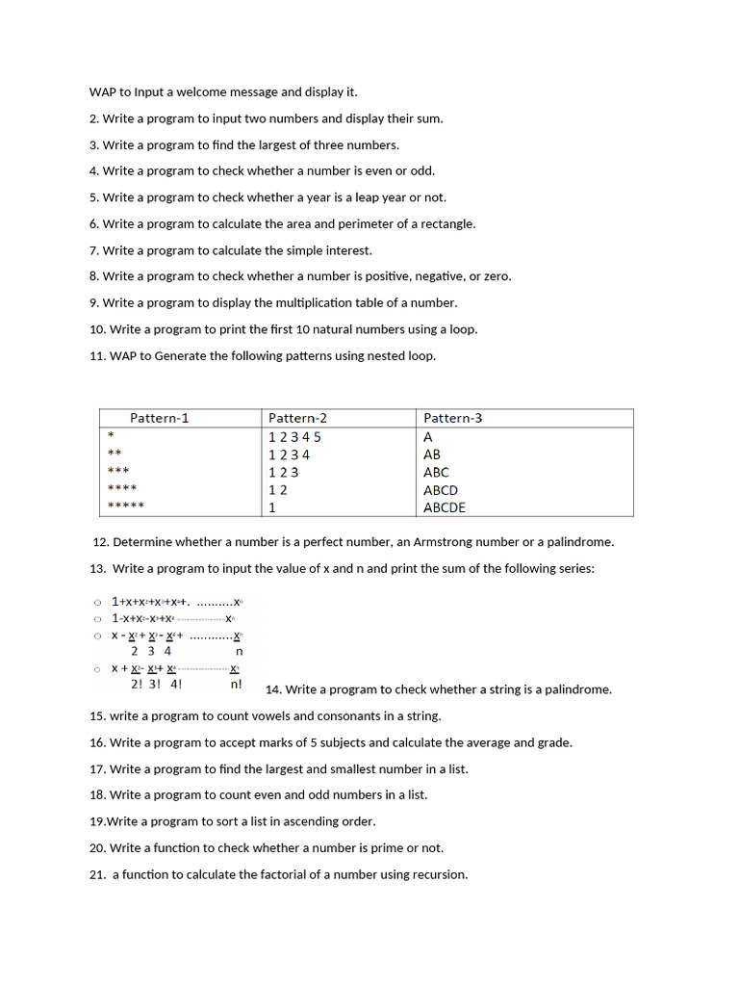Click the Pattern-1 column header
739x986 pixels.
(160, 418)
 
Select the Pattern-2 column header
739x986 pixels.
(297, 418)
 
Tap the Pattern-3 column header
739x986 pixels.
(452, 418)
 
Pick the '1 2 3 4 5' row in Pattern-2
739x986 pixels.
(294, 436)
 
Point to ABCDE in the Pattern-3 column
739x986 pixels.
(445, 507)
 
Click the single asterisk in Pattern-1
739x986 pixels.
(111, 436)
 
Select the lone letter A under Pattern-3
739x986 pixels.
(428, 436)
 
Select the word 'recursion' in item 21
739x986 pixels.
(438, 874)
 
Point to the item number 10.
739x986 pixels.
(97, 329)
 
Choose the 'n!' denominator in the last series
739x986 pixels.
(237, 685)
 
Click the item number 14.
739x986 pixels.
(272, 689)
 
